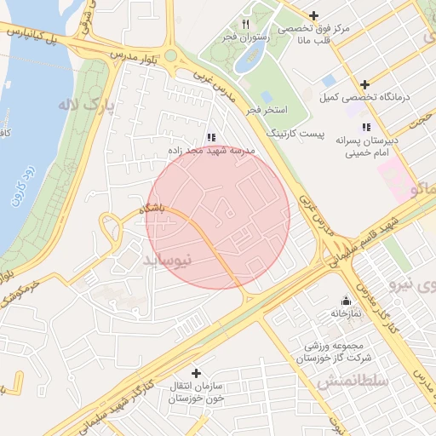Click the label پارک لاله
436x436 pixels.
[x=86, y=106]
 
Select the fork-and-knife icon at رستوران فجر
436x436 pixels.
[x=246, y=24]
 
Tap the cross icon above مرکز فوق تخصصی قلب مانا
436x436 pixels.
[x=314, y=15]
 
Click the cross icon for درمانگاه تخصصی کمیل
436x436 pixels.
[x=365, y=84]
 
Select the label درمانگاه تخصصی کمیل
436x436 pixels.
[x=376, y=97]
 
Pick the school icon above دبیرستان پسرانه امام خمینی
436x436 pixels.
[x=366, y=127]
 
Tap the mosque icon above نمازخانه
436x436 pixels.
[x=346, y=301]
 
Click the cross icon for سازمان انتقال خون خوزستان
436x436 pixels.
[x=196, y=373]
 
